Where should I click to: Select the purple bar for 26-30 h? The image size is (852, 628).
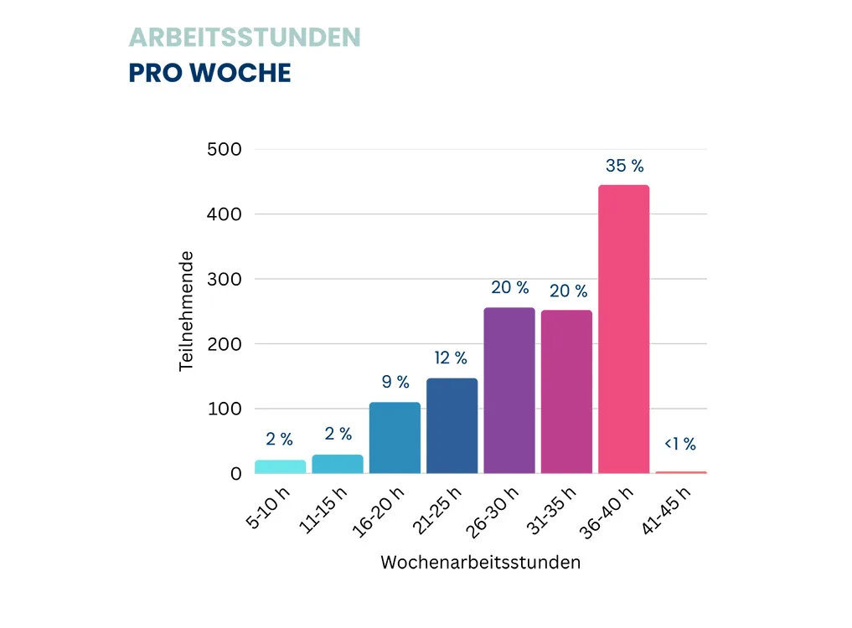(x=509, y=390)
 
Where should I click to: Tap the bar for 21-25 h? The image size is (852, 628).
(x=452, y=425)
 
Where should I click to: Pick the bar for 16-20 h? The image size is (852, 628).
(x=395, y=438)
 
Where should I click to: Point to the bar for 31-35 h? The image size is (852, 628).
(x=566, y=392)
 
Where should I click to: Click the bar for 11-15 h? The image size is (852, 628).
(x=338, y=464)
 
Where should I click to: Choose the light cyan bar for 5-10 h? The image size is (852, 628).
(x=281, y=466)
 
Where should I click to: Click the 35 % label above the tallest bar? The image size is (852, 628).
(x=625, y=167)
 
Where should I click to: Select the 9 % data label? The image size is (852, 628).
(x=395, y=383)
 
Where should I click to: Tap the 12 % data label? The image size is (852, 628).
(x=451, y=358)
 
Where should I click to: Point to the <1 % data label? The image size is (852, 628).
(x=679, y=445)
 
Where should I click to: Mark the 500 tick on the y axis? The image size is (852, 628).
(x=224, y=150)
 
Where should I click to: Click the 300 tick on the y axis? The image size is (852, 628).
(x=224, y=280)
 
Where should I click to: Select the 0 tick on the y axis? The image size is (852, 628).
(x=235, y=474)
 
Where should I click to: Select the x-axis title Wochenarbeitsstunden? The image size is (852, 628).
(x=480, y=563)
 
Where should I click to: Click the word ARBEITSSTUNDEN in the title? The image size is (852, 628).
(x=245, y=38)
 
